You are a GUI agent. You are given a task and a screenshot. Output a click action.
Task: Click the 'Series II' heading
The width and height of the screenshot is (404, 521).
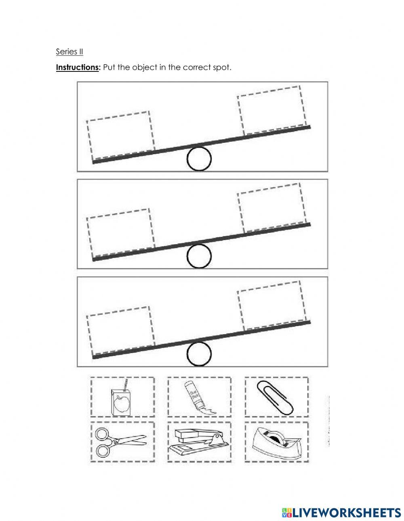click(69, 52)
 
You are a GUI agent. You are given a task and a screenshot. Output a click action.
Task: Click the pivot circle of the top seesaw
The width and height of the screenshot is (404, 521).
click(199, 159)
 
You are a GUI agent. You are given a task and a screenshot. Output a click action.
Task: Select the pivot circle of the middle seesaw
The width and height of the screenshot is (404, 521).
click(199, 256)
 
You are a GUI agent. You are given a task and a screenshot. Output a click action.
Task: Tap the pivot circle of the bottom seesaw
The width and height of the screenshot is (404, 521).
click(199, 354)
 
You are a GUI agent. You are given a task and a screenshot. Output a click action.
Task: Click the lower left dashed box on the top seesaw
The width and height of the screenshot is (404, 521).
click(120, 136)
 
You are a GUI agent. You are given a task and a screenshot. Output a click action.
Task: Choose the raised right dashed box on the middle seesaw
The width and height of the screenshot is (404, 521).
click(271, 207)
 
